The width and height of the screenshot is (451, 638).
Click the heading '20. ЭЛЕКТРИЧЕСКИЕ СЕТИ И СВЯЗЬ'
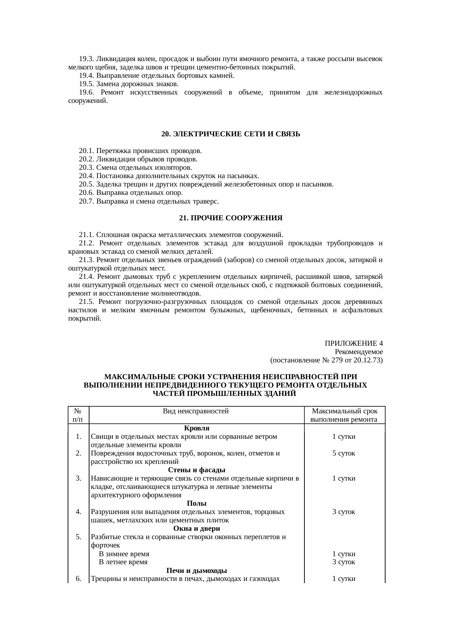coord(231,134)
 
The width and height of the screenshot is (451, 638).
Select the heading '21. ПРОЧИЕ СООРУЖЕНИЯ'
coord(231,218)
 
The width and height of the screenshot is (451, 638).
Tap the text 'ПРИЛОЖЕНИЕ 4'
coord(354,344)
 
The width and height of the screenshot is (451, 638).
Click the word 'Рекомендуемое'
coord(359,352)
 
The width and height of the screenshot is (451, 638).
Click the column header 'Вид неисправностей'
coord(196,411)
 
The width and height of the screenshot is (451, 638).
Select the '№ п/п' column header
coord(78,415)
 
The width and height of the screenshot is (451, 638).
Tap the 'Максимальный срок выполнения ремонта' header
coord(344,415)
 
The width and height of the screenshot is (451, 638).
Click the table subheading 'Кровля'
coord(196,428)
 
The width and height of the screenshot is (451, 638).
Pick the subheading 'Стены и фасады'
coord(196,470)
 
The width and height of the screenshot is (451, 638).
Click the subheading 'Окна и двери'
coord(196,528)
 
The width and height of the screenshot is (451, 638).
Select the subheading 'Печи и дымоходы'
coord(196,570)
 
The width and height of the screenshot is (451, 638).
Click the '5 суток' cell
coord(344,453)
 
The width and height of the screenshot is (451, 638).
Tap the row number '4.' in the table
coord(79,512)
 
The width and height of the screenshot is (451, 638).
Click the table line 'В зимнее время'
coord(124,554)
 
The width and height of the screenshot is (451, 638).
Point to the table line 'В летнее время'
coord(123,562)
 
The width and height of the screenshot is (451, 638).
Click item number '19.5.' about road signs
coord(87,84)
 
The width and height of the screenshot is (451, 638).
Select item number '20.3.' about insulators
coord(87,168)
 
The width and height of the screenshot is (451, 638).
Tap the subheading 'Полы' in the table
coord(196,503)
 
